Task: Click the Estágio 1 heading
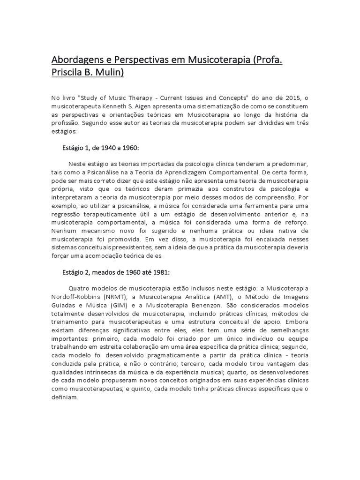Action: pos(76,148)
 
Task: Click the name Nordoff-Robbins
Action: pos(79,297)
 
